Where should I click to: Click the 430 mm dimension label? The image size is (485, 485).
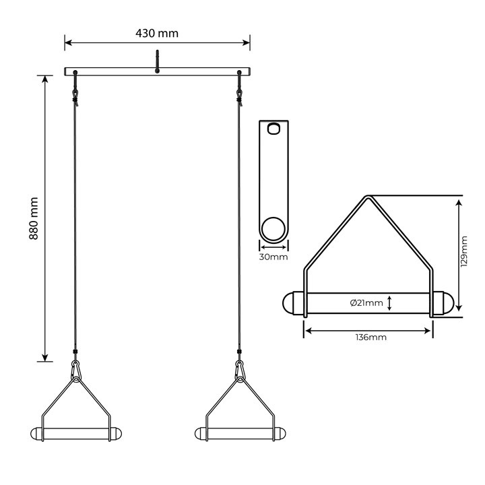tap(157, 33)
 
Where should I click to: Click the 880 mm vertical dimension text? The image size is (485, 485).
tap(34, 218)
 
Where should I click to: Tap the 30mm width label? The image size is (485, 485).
tap(273, 257)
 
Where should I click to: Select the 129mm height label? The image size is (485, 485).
tap(464, 251)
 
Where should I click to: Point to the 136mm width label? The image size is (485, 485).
tap(371, 337)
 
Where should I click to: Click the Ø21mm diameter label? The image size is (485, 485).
tap(366, 303)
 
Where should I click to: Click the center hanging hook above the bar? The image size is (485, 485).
tap(157, 61)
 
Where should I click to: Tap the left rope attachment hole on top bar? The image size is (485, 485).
tap(75, 73)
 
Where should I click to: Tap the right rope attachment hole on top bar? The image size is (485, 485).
tap(239, 73)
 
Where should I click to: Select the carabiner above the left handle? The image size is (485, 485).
tap(75, 369)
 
